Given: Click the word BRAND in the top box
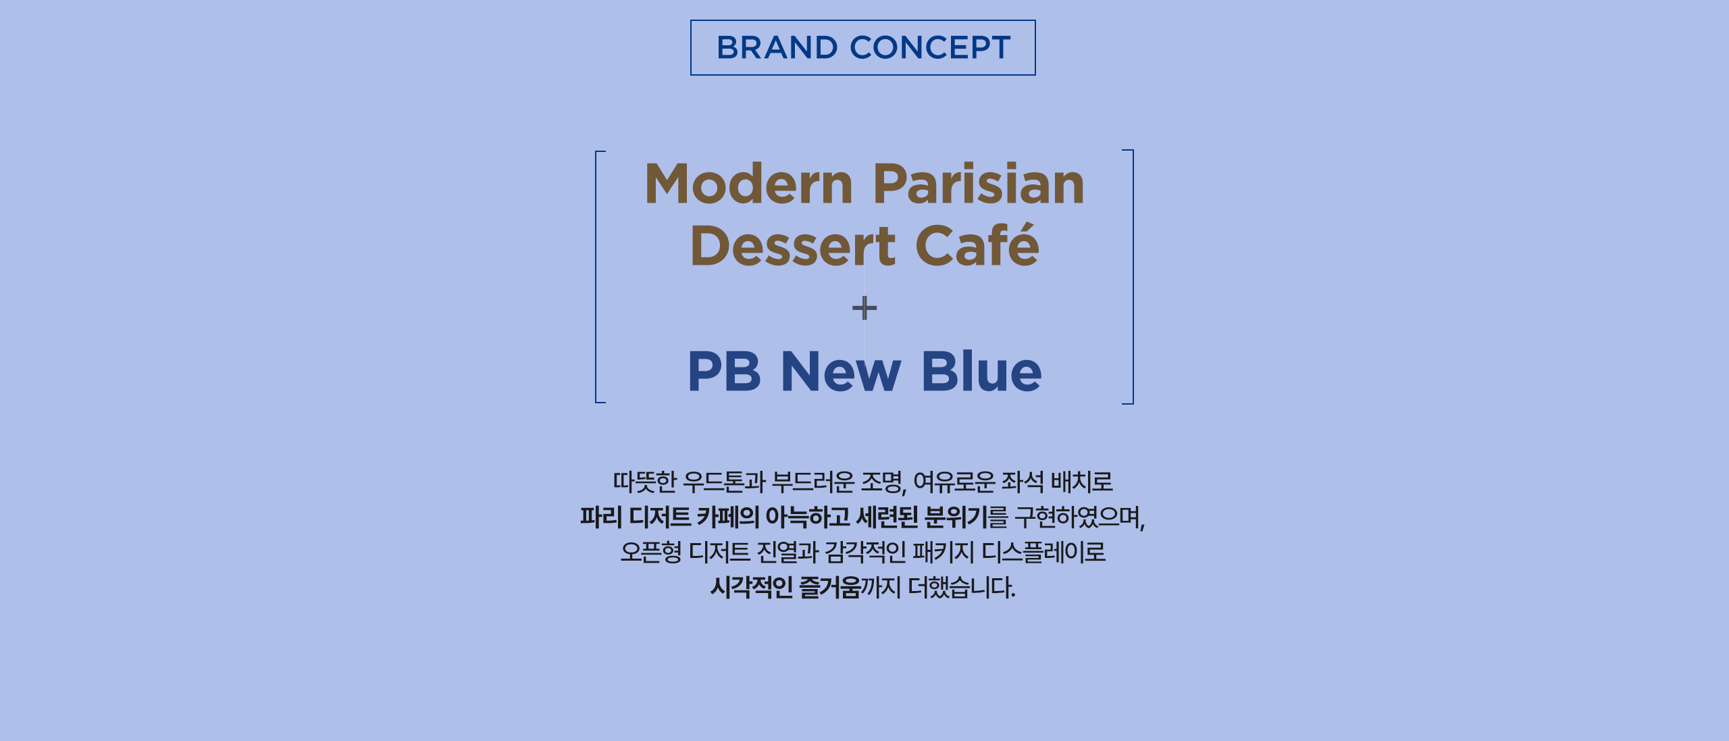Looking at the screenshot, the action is (x=777, y=47).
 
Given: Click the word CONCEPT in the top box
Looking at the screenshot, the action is (x=930, y=47).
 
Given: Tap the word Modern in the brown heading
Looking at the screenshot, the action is (x=749, y=184).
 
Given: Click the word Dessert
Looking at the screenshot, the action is (x=793, y=246).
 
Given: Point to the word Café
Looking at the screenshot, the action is (x=977, y=245).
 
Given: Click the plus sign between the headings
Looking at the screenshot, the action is (x=864, y=309).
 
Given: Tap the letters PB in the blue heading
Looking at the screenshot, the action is (x=724, y=371).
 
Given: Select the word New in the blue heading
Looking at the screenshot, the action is (x=841, y=371).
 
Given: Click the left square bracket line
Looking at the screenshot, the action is (x=596, y=277).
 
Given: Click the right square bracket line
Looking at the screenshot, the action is (x=1133, y=277).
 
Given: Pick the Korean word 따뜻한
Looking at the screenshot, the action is (x=644, y=482).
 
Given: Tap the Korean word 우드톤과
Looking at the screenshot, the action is (x=724, y=482).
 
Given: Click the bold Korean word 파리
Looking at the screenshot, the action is (x=601, y=517).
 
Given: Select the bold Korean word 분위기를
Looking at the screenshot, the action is (x=966, y=517).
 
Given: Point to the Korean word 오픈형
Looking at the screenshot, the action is (x=651, y=553).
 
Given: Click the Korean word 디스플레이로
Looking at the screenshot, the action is (x=1043, y=553).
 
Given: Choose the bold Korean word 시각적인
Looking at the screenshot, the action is (x=752, y=588).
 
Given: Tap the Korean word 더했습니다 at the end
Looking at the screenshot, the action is (x=961, y=588).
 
